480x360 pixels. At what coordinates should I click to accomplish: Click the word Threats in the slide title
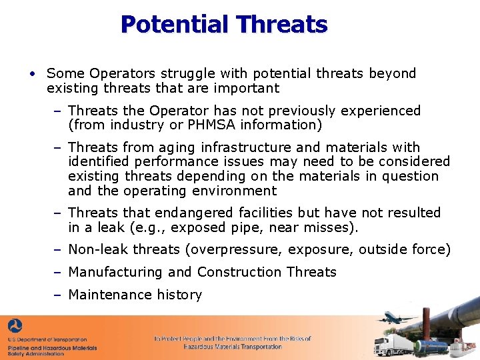283,25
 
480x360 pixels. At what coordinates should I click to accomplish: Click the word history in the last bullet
179,295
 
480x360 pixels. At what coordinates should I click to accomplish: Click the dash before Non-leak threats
58,250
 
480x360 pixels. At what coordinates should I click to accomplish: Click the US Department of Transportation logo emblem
15,327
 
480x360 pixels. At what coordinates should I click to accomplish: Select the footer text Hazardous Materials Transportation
233,347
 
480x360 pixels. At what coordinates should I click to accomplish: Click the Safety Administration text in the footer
36,354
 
